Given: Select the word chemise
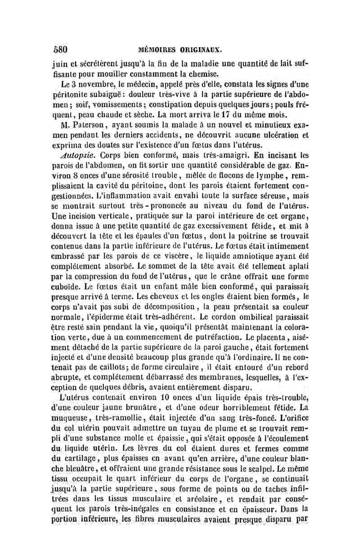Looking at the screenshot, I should point(202,74).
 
